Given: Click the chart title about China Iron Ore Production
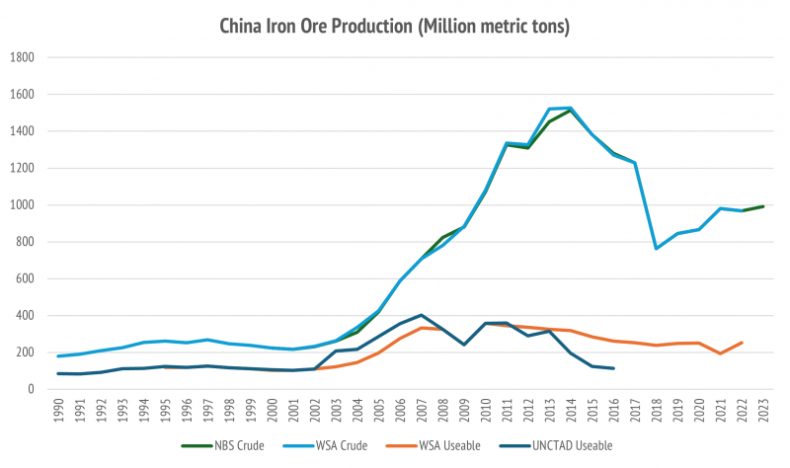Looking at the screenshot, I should (x=395, y=27).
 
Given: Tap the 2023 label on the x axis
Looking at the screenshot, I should (x=764, y=411).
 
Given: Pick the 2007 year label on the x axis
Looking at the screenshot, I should (x=422, y=411).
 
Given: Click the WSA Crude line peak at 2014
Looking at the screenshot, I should (x=571, y=108).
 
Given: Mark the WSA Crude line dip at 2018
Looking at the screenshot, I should (x=657, y=248).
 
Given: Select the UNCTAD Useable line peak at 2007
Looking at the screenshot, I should (x=422, y=315).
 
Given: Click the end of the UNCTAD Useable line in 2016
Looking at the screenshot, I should (x=614, y=368).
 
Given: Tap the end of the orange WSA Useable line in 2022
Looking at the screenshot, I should (x=743, y=343).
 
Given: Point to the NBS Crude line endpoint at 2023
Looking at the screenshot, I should (x=764, y=206).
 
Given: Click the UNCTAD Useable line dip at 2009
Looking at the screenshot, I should (x=464, y=345).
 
